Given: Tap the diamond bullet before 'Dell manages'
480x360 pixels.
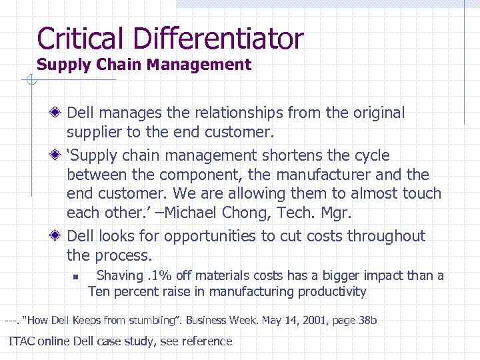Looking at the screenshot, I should tap(59, 113).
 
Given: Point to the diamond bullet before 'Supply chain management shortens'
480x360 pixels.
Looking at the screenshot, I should tap(59, 155).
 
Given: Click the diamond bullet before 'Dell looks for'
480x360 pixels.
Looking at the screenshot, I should tap(59, 236).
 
